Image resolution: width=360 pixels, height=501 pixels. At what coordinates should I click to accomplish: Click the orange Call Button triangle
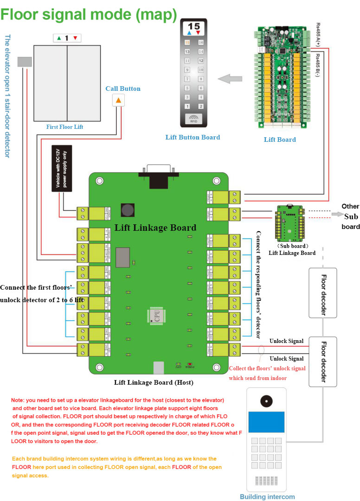pyautogui.click(x=118, y=100)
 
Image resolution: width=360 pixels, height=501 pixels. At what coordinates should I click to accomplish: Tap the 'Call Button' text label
pyautogui.click(x=122, y=89)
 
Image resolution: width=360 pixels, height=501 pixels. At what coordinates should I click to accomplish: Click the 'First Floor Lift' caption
pyautogui.click(x=64, y=127)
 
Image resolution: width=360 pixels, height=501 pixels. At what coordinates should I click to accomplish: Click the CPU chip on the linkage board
pyautogui.click(x=157, y=315)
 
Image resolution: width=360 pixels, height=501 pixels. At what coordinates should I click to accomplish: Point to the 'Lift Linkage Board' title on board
pyautogui.click(x=155, y=228)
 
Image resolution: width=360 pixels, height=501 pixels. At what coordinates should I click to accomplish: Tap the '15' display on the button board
pyautogui.click(x=194, y=27)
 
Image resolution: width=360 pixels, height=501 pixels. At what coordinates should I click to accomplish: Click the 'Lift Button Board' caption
pyautogui.click(x=193, y=137)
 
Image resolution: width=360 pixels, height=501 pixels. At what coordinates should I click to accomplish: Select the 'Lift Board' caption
pyautogui.click(x=280, y=139)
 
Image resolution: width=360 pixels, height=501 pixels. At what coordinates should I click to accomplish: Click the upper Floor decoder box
pyautogui.click(x=323, y=295)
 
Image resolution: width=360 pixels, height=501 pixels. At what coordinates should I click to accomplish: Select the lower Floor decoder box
pyautogui.click(x=323, y=361)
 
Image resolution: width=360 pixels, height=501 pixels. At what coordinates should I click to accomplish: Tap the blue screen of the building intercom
pyautogui.click(x=266, y=422)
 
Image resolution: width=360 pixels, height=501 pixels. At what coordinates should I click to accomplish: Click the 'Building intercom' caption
pyautogui.click(x=267, y=496)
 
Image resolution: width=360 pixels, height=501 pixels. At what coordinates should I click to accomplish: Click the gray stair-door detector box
pyautogui.click(x=24, y=62)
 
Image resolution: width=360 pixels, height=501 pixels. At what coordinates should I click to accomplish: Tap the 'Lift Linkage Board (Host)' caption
pyautogui.click(x=154, y=382)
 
